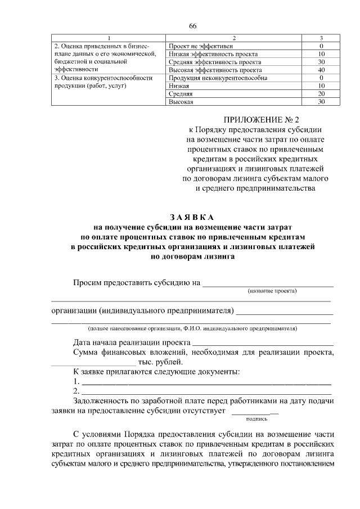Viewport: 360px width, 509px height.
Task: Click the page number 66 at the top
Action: [x=192, y=26]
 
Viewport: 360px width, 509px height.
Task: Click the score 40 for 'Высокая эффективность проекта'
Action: [x=321, y=70]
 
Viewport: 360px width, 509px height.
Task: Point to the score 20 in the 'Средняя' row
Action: [x=321, y=94]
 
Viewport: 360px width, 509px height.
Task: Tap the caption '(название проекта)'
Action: [x=272, y=291]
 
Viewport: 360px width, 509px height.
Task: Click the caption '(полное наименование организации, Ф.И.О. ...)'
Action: [x=192, y=328]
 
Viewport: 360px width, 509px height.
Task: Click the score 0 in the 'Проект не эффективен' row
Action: [x=321, y=46]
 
